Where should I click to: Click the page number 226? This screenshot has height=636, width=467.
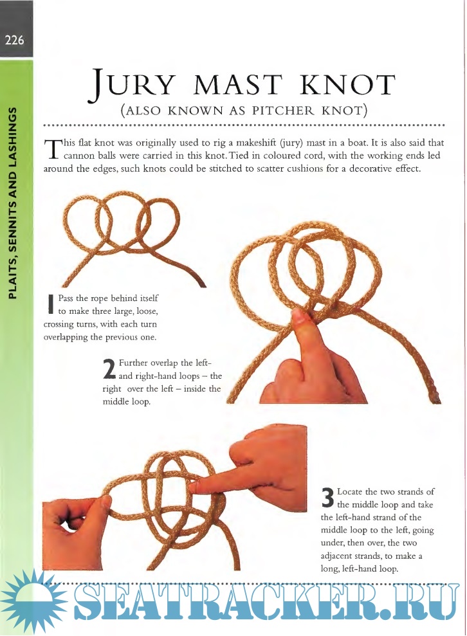14,41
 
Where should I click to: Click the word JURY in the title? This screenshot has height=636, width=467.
129,86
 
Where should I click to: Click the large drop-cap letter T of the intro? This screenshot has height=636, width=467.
51,149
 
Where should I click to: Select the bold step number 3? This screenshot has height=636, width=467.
327,498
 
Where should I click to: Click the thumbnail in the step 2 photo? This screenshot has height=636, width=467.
298,318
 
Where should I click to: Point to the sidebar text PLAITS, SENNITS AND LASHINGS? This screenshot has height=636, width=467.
14,203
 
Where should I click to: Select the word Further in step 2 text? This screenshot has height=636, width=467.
134,363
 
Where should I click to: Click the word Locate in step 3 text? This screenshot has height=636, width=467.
350,492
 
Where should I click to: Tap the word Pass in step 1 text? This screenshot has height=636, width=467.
66,298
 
